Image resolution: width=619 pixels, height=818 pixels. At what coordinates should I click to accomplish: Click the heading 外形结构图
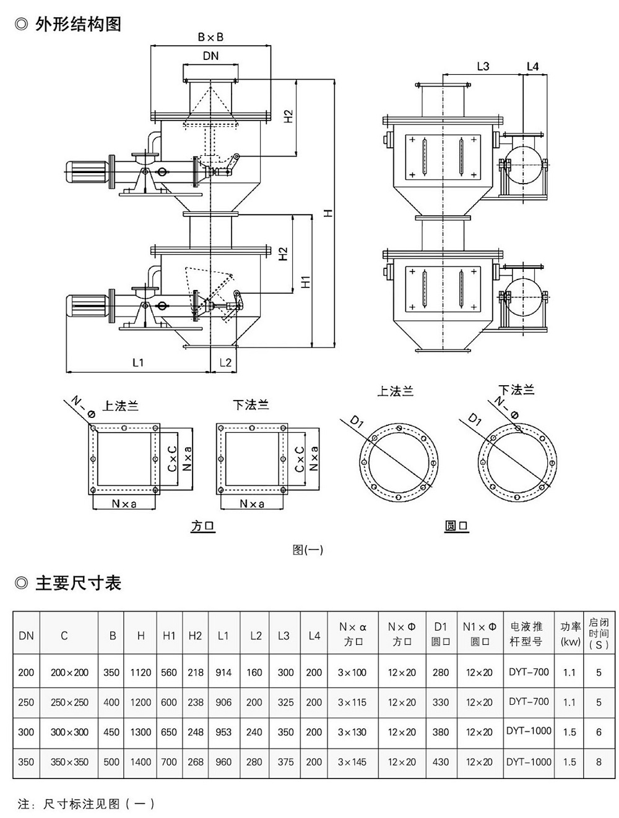tap(77, 24)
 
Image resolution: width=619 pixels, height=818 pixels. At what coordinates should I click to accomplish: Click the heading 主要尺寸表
tap(77, 582)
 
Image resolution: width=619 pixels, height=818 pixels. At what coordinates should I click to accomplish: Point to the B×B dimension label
tap(210, 37)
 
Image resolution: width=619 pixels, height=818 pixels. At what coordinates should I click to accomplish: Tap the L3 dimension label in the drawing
tap(483, 66)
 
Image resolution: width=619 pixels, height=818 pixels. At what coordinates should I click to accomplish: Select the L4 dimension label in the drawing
tap(532, 66)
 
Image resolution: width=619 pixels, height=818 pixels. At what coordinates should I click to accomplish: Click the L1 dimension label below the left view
tap(137, 363)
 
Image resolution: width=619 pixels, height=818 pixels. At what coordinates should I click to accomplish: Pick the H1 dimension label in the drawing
tap(305, 281)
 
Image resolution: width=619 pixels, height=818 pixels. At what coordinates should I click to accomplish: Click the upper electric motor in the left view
tap(87, 168)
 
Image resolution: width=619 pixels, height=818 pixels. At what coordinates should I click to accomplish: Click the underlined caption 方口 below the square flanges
tap(203, 526)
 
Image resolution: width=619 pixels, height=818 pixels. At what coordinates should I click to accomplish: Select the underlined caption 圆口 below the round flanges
tap(457, 526)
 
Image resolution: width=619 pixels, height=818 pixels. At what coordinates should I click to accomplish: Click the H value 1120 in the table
tap(141, 672)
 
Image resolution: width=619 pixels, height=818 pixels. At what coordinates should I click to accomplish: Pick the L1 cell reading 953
tap(223, 732)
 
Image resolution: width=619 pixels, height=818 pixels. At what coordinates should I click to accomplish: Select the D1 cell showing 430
tap(441, 762)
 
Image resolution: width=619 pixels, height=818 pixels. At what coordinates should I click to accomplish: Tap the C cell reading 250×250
tap(69, 702)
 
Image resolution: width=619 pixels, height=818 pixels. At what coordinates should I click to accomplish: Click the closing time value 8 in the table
tap(598, 762)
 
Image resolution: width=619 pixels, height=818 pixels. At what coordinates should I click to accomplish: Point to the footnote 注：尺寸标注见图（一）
tap(87, 804)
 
